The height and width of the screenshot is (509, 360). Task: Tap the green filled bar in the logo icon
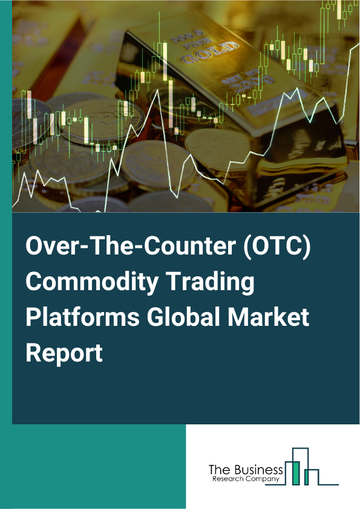tap(296, 473)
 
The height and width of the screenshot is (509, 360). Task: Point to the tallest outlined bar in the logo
tap(301, 465)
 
